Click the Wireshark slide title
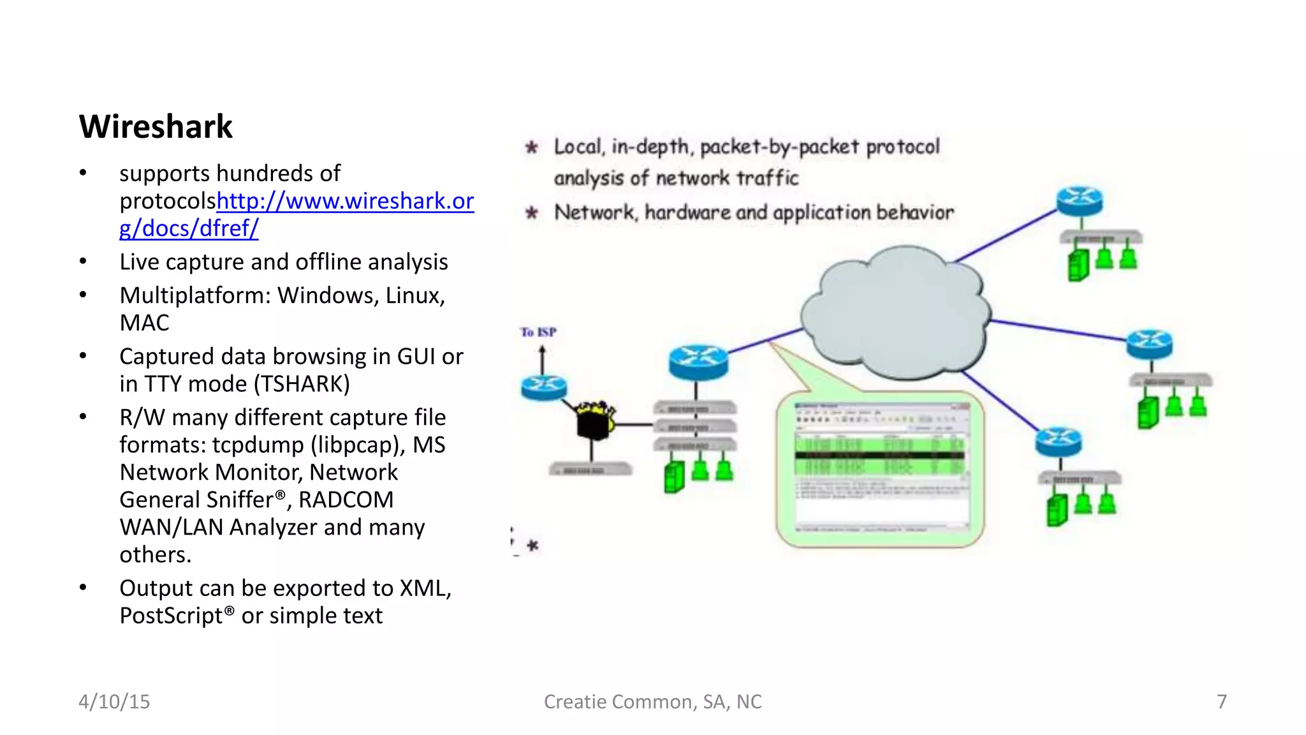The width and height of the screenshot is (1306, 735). tap(156, 126)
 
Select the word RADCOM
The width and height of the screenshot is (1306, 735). tap(346, 500)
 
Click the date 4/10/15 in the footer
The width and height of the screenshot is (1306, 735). tap(114, 702)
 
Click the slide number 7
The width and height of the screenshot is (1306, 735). tap(1221, 702)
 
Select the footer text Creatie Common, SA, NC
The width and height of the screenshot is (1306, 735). tap(652, 702)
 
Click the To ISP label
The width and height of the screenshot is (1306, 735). tap(538, 332)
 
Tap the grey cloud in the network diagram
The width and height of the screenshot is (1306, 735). tap(896, 313)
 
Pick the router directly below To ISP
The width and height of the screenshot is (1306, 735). tap(543, 387)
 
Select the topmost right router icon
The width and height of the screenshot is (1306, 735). tap(1079, 201)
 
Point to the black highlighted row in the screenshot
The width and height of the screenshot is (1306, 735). tap(880, 456)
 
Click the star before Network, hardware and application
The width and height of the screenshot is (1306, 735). tap(532, 212)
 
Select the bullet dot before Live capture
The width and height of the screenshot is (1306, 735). tap(83, 262)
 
